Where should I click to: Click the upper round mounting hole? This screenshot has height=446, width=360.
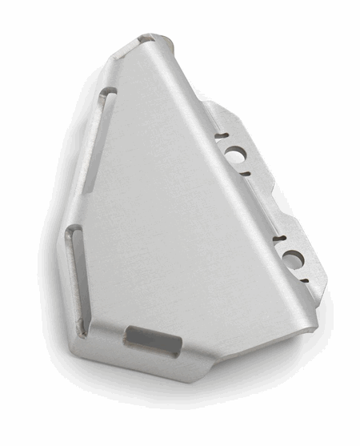237,154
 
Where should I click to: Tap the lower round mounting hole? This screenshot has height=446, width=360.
293,258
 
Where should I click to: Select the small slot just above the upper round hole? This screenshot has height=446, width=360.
222,135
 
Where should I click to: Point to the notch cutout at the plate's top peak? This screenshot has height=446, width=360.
146,37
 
